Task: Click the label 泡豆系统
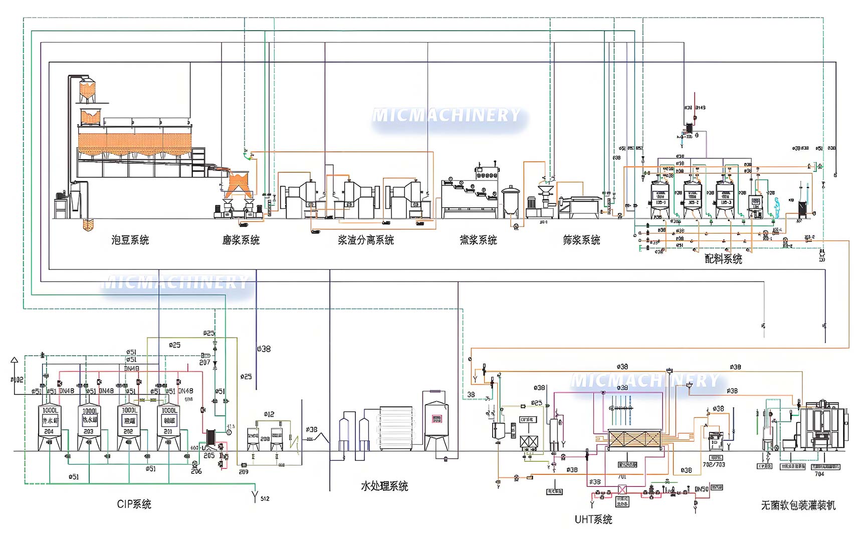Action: [130, 240]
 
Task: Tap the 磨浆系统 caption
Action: [241, 240]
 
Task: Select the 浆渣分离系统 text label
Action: [366, 240]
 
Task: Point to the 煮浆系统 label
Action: [479, 240]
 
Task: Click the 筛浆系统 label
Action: [581, 240]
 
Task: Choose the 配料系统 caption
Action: [723, 259]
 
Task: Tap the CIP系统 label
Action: [134, 504]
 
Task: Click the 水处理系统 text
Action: [384, 486]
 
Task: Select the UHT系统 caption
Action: [593, 519]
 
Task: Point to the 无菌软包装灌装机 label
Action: [798, 505]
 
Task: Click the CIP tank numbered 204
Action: [50, 426]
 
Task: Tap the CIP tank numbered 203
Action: [89, 426]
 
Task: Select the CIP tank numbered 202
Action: [129, 426]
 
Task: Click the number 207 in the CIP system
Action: [204, 362]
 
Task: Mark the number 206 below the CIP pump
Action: [196, 471]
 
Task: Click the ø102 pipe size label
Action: [17, 380]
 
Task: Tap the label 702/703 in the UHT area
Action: [714, 464]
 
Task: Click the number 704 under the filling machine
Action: [819, 474]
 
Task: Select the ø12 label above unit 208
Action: [269, 414]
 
